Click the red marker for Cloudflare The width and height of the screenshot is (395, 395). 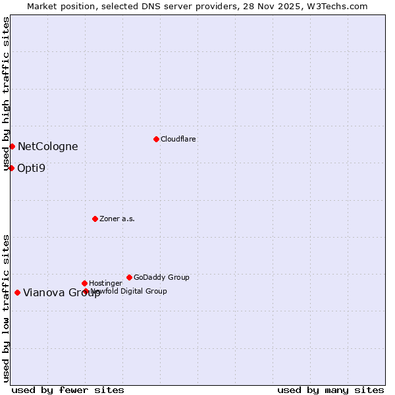156,139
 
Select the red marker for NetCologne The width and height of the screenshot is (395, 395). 12,146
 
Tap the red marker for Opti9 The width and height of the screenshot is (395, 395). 11,168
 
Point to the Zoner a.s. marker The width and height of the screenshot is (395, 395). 95,219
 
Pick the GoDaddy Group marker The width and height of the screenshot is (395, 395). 129,277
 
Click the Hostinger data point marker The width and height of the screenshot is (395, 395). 84,283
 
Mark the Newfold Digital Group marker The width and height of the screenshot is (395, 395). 86,291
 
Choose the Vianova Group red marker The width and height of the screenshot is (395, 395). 17,292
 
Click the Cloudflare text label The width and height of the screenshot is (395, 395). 178,139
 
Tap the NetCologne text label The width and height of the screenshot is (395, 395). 47,147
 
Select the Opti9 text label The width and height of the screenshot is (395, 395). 31,168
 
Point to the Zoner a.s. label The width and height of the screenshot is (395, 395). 117,219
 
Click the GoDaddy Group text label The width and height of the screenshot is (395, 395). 161,277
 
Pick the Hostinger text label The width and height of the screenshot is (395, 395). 105,283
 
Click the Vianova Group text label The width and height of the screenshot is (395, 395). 62,293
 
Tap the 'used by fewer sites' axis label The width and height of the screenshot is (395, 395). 68,390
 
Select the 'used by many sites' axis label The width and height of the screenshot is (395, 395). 330,390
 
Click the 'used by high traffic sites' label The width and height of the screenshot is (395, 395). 6,93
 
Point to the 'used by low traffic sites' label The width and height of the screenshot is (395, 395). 6,308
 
